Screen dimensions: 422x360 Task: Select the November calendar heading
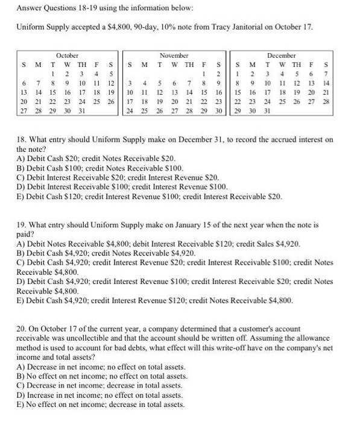pos(174,55)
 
